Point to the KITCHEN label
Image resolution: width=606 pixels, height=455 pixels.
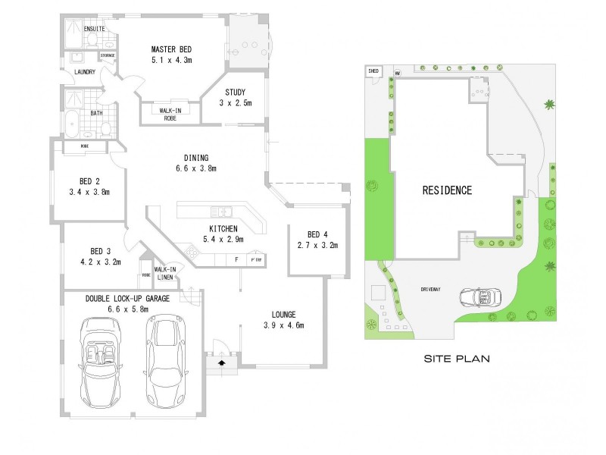224,228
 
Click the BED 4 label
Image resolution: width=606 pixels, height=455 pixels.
317,234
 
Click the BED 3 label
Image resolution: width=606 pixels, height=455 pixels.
101,251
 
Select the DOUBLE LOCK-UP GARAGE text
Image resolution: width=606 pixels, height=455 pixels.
127,299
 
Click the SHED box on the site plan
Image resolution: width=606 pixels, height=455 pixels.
373,71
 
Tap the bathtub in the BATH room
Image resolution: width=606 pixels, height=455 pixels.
73,122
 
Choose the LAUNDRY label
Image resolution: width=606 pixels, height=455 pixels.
85,72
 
